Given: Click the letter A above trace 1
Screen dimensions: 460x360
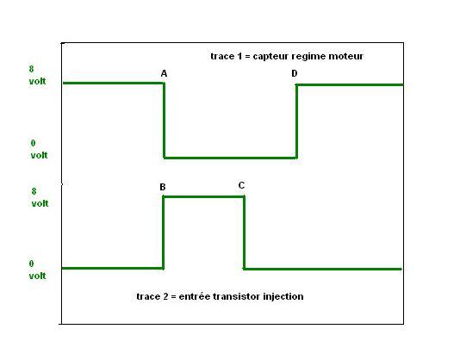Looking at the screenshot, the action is tap(164, 73).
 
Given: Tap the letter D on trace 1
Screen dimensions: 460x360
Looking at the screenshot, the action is tap(295, 73).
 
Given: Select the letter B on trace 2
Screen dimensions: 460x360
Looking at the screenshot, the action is tap(163, 187).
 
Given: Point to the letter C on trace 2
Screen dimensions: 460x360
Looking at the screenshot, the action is tap(241, 185).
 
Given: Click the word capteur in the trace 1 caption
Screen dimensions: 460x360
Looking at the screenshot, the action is tap(270, 56).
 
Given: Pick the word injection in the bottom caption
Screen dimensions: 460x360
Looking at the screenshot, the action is tap(283, 296).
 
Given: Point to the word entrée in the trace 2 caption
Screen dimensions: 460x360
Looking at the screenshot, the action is tap(195, 296).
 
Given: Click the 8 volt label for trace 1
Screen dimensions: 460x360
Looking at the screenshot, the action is tap(37, 75).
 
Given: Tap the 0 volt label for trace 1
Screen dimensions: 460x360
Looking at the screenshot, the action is tap(39, 149).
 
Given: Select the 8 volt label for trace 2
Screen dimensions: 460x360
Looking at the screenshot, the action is tap(40, 197).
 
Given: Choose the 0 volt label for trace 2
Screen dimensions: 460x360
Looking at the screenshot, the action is tap(37, 270).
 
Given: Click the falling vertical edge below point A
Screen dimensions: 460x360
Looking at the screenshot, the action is tap(165, 121).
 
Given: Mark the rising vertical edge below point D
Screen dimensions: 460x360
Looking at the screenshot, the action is tap(296, 121).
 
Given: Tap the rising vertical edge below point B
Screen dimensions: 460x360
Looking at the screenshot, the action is tap(164, 233).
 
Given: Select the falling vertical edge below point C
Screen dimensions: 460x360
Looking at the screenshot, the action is tap(244, 233).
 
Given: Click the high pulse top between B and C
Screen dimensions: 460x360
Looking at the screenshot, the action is tap(203, 196).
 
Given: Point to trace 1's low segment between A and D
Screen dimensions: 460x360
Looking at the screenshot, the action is tap(230, 158).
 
